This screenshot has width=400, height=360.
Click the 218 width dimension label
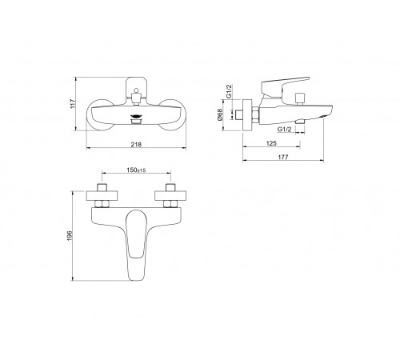[136, 145]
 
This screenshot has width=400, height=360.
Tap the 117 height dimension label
[73, 104]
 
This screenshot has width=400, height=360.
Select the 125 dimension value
[271, 143]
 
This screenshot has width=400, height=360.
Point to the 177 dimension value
[283, 158]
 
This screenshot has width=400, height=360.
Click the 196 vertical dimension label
[70, 236]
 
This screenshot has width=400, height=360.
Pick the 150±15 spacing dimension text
[136, 170]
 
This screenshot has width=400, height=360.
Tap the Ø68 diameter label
[220, 114]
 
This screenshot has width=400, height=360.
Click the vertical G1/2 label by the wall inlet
[229, 91]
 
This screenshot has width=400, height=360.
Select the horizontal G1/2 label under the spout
[285, 130]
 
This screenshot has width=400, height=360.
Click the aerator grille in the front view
[136, 117]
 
